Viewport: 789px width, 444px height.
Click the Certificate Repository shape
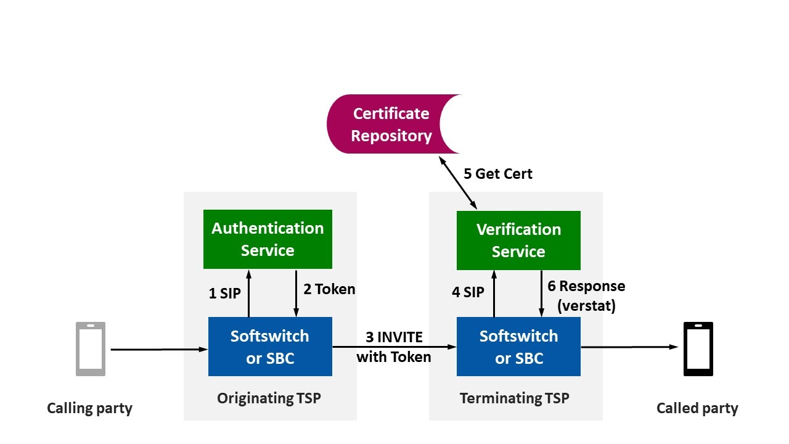[x=392, y=124]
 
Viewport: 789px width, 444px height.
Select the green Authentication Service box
[x=268, y=239]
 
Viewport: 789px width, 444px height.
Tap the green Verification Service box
[x=518, y=240]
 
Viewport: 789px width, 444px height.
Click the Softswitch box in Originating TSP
[x=270, y=347]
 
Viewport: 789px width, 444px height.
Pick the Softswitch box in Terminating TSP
[x=518, y=347]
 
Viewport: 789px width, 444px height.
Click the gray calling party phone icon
[x=91, y=348]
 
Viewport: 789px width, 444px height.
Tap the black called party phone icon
[x=698, y=348]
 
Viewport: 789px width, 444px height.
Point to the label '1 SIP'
[x=224, y=294]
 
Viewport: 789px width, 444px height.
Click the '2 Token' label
[x=329, y=289]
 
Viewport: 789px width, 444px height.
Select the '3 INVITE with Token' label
[x=394, y=347]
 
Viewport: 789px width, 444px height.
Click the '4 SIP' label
[x=468, y=292]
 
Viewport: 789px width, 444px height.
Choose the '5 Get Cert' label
[x=498, y=174]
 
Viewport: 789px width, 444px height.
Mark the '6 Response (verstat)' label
[x=586, y=295]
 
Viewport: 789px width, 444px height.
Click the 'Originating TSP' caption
[x=269, y=398]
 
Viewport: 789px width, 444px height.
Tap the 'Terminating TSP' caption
[x=515, y=398]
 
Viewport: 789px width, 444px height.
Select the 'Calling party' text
[x=89, y=408]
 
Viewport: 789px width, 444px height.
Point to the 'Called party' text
[x=697, y=408]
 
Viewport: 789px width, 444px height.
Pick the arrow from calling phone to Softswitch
[x=159, y=350]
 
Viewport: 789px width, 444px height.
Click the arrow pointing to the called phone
[x=629, y=347]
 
